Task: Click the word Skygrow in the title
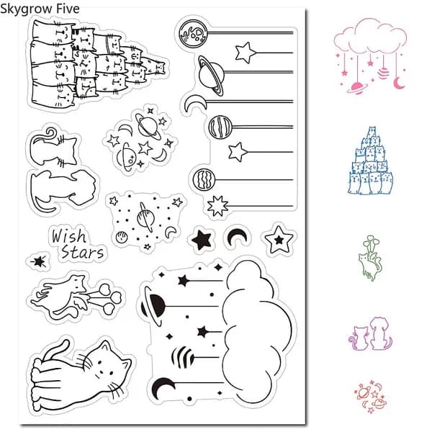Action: click(27, 9)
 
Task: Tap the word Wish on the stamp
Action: click(69, 236)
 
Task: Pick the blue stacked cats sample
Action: click(370, 161)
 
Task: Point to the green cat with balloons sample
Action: click(370, 258)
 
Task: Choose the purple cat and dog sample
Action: click(370, 334)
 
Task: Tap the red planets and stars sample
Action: click(371, 397)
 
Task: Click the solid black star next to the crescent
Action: click(202, 240)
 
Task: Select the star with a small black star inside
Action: click(279, 239)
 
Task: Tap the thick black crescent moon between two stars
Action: click(237, 237)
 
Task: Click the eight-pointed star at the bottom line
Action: click(217, 206)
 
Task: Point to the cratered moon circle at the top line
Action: click(193, 33)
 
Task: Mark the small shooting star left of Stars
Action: click(39, 261)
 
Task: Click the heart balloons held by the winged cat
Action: click(109, 298)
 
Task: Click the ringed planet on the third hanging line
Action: click(211, 75)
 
